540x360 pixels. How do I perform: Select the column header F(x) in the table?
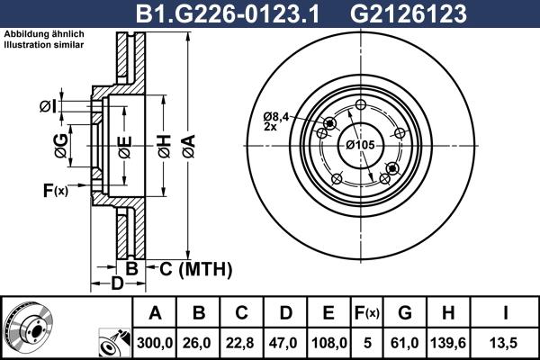point(367,313)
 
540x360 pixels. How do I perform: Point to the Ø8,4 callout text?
point(276,116)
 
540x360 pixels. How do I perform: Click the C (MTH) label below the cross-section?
point(194,268)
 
